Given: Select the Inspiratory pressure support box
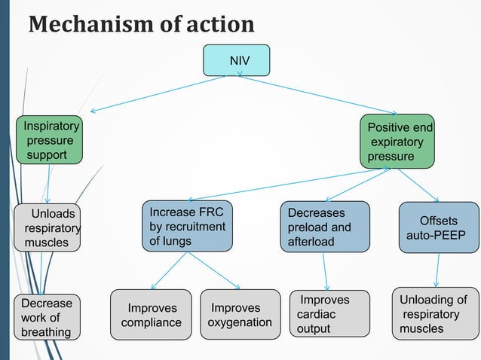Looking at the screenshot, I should coord(50,141).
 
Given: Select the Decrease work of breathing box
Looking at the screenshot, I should coord(47,317).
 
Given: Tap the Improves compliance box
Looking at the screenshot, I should coord(152,315).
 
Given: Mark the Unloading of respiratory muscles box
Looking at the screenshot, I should coord(435,313).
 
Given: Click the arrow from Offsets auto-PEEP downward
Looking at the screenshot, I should coord(438,269).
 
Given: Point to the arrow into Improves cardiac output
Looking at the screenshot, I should coord(326,271).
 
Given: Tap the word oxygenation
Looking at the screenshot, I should coord(240,322).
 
